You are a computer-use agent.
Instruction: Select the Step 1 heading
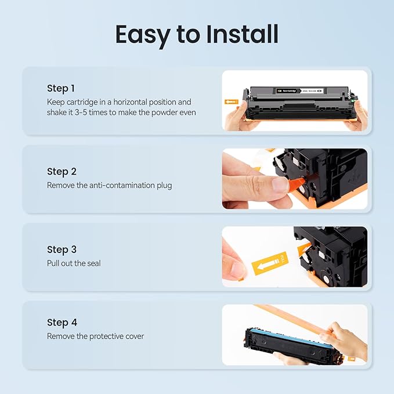[61, 88]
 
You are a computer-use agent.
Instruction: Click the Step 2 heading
[62, 172]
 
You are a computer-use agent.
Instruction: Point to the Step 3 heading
[62, 250]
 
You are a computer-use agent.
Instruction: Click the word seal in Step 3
[93, 263]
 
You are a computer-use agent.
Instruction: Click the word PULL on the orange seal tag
[283, 257]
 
